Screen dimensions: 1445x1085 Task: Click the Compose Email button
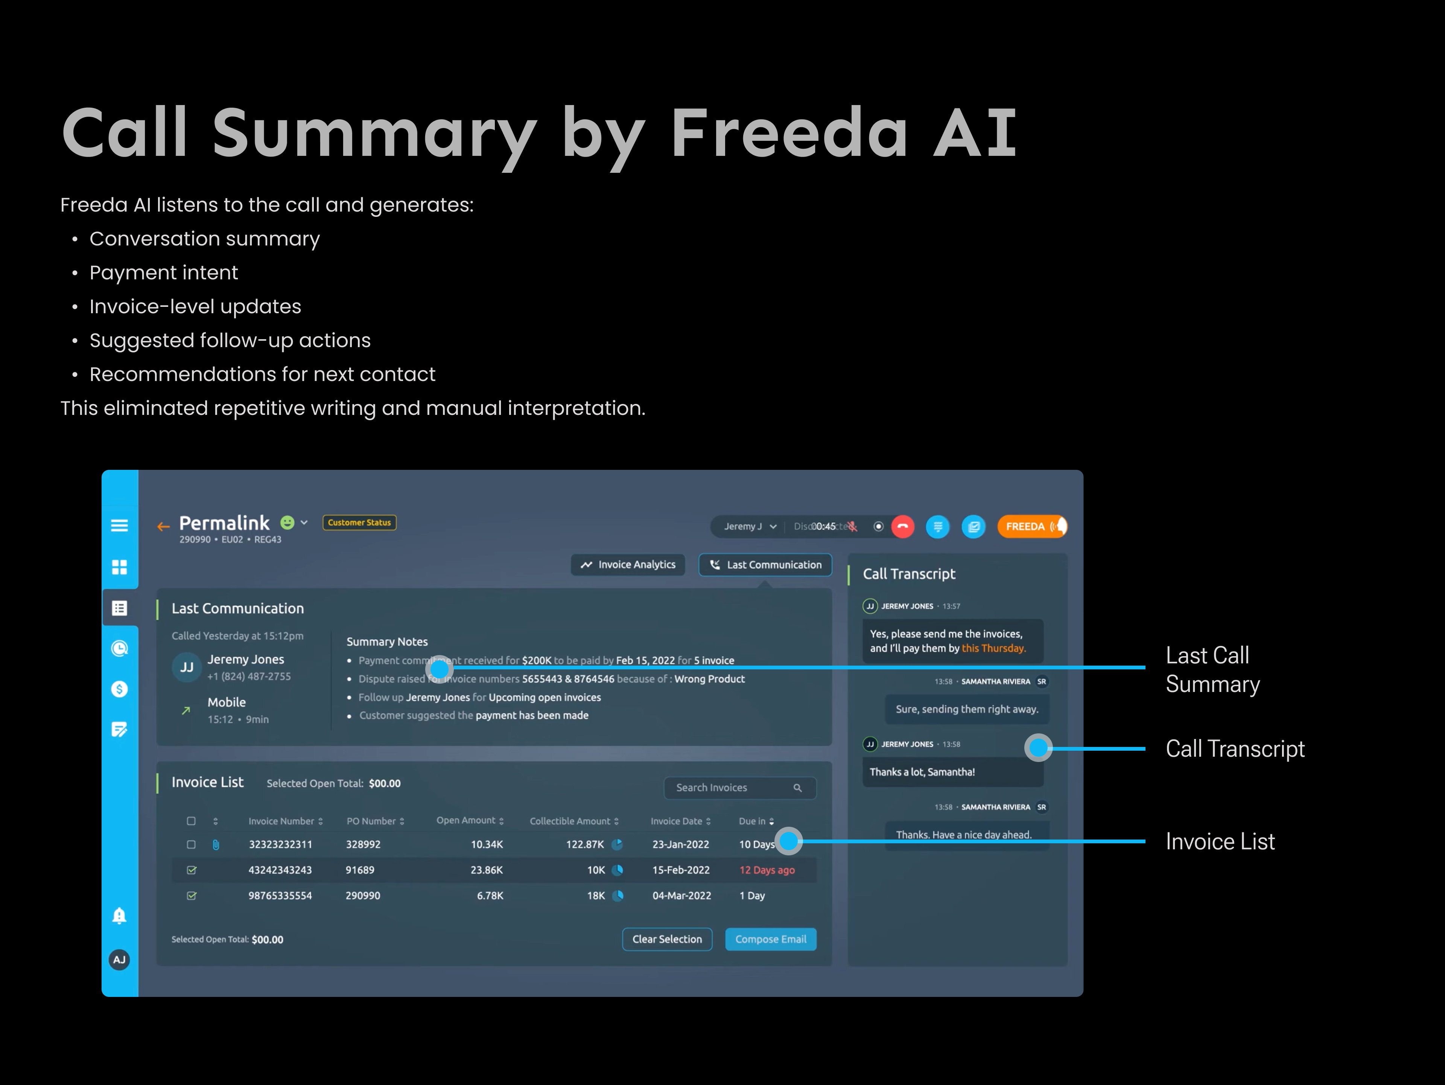point(770,939)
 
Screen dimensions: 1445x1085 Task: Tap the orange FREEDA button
point(1031,526)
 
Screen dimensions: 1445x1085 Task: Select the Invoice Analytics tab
point(628,565)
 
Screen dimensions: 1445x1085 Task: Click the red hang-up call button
point(903,526)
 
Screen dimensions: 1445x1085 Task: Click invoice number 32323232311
point(280,844)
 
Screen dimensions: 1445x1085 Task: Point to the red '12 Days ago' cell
point(767,870)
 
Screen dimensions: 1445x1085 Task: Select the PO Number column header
point(375,821)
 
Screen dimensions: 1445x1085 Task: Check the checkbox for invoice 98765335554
point(192,896)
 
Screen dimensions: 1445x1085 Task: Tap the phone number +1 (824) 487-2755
point(249,677)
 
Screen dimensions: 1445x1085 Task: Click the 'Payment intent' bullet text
point(163,273)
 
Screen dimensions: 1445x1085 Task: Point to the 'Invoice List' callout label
point(1220,842)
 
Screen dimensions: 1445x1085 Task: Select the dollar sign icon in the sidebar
point(120,689)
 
